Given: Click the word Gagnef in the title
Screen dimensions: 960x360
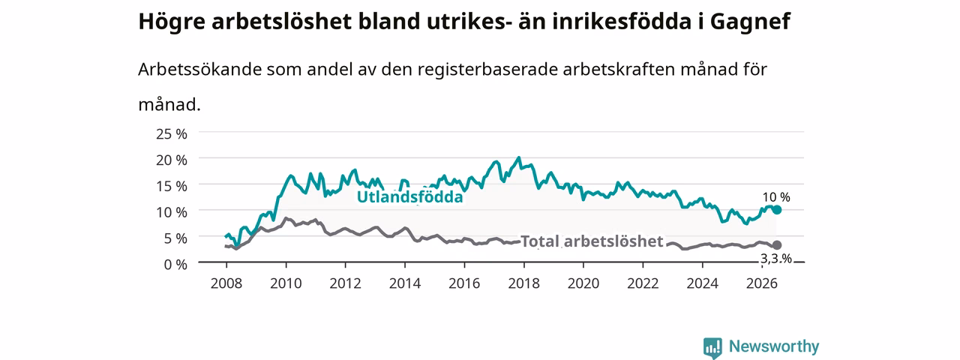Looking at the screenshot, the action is point(750,22).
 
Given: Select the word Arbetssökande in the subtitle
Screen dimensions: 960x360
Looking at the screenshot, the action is point(199,69).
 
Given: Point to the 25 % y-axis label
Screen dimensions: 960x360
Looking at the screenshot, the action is point(172,134).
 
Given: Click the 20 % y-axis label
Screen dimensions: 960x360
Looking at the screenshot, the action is point(172,160).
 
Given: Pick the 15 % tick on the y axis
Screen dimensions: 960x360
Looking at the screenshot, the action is point(172,186).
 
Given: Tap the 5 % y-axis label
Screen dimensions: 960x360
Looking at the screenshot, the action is point(175,238).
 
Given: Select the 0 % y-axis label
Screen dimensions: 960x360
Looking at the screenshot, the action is point(175,265).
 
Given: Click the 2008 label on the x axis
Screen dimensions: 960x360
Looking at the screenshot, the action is point(226,283).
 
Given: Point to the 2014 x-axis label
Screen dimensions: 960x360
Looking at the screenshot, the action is point(405,283).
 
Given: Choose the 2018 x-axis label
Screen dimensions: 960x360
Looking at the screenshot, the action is point(523,283).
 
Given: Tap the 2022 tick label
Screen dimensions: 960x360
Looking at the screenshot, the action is point(643,283).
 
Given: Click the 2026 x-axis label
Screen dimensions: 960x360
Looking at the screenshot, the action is point(762,283).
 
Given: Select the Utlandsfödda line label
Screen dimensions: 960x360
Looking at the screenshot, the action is point(410,196).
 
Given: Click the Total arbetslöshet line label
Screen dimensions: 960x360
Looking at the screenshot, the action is point(592,241).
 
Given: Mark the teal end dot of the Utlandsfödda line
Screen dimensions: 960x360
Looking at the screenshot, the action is point(777,209).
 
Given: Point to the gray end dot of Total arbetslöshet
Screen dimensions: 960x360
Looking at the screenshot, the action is point(777,245).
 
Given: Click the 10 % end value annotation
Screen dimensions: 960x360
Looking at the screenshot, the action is point(776,197).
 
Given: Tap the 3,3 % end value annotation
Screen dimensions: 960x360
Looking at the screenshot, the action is point(776,259).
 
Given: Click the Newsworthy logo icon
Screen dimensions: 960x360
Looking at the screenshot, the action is point(712,348).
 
